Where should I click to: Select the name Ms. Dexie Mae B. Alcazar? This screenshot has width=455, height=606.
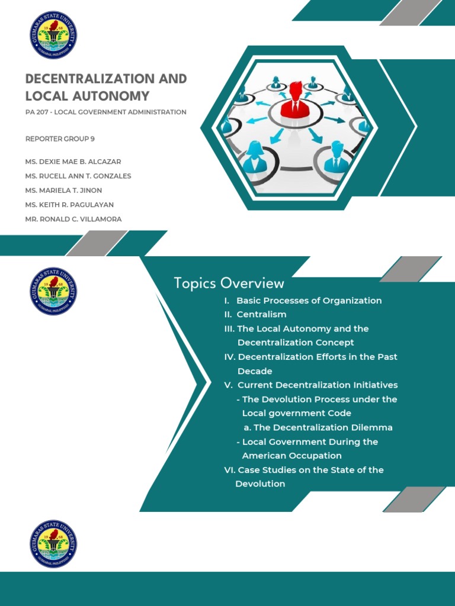73,162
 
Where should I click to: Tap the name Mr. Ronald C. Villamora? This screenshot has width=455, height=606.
73,219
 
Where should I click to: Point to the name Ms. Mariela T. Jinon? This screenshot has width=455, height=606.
65,190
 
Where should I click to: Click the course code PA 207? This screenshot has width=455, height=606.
37,112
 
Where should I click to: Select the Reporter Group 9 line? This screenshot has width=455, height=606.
60,139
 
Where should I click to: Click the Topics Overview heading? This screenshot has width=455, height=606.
229,283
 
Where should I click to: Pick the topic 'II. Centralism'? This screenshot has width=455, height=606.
255,314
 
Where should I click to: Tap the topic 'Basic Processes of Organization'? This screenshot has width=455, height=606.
309,301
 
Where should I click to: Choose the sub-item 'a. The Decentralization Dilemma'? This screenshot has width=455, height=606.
318,427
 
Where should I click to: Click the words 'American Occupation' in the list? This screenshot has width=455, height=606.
291,456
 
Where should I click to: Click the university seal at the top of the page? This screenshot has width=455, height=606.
53,36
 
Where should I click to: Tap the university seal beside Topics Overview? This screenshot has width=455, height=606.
53,291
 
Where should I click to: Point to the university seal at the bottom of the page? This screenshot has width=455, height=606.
53,544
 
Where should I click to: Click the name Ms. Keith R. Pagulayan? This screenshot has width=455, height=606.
69,205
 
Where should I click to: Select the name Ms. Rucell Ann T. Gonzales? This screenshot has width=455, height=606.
78,176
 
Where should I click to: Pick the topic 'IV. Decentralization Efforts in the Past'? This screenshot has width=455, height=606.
310,357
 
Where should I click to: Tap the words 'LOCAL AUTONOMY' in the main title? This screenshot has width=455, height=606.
87,96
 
